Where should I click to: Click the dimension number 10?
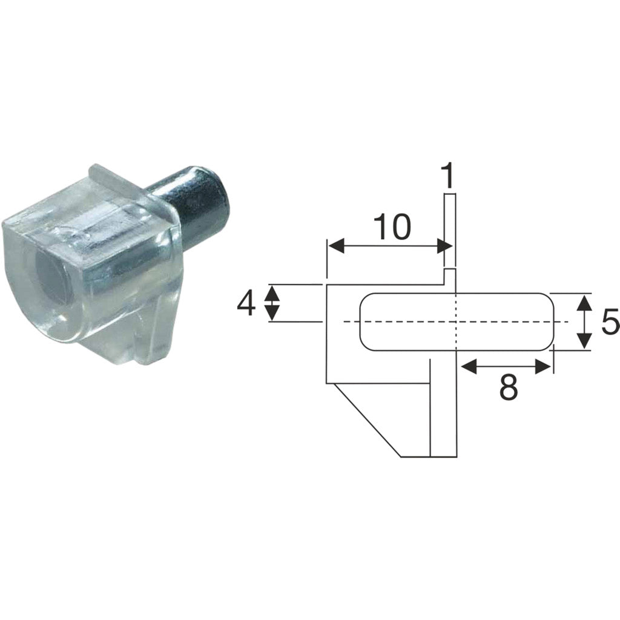[x=392, y=227]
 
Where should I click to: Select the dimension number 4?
[x=246, y=303]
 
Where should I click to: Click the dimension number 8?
[x=508, y=388]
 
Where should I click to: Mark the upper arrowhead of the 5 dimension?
[x=583, y=302]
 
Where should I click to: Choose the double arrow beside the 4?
[x=272, y=303]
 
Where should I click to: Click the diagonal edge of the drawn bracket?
[x=366, y=421]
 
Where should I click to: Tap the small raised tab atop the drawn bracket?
[x=449, y=276]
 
